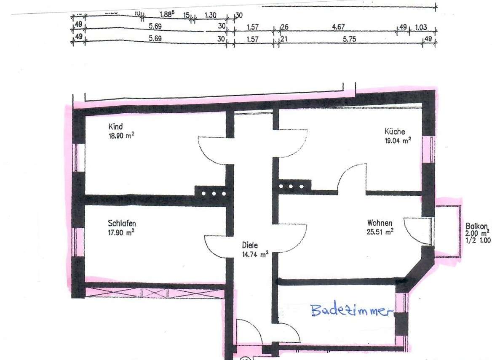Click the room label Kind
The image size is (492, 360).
[x=115, y=126]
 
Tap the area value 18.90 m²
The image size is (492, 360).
[x=121, y=136]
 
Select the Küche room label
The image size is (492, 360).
[x=395, y=131]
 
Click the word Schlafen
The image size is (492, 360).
[x=122, y=223]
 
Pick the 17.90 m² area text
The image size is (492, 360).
[x=121, y=232]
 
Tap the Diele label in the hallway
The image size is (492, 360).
[x=250, y=245]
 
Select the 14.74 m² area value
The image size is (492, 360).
[x=255, y=254]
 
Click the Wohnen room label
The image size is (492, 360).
[x=380, y=223]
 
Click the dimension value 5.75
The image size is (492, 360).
[x=350, y=39]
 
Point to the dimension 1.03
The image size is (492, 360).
[x=421, y=28]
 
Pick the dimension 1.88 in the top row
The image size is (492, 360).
[x=168, y=14]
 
